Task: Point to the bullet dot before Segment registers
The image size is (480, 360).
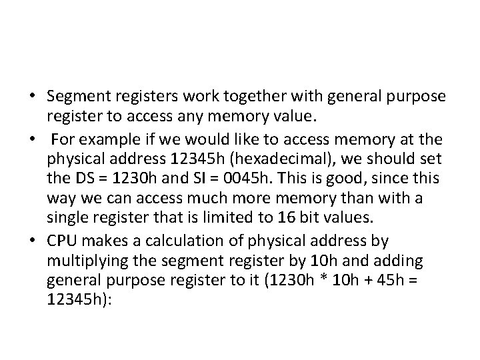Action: coord(31,97)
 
